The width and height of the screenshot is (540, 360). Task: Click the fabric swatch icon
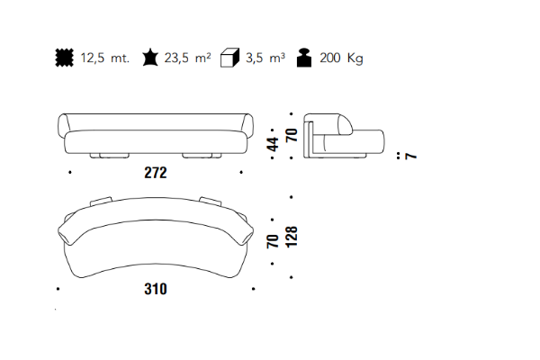[x=65, y=58]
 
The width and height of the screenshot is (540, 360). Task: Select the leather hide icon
[x=150, y=58]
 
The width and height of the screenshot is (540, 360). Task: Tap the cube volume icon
[x=229, y=58]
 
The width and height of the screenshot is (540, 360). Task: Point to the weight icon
[x=304, y=58]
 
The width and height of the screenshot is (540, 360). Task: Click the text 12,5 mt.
[x=105, y=58]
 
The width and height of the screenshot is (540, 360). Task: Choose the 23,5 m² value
[x=187, y=58]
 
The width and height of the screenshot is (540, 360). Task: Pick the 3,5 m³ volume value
[x=265, y=58]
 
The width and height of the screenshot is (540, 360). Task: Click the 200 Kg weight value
[x=341, y=58]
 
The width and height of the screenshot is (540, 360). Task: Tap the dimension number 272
[x=156, y=173]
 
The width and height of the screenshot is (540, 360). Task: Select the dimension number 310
[x=156, y=289]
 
